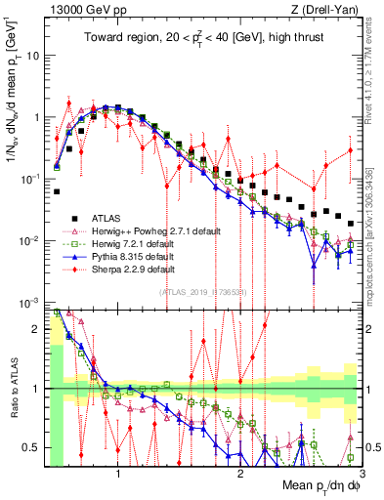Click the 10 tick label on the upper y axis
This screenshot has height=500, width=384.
pos(33,55)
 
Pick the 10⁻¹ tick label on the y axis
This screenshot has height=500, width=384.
pos(31,179)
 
